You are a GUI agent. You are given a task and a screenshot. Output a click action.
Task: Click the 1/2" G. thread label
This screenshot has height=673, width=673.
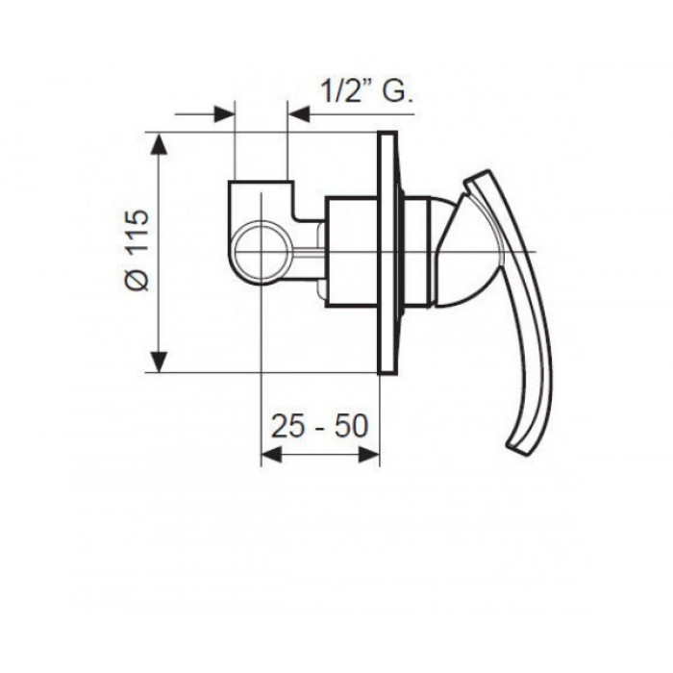pos(366,91)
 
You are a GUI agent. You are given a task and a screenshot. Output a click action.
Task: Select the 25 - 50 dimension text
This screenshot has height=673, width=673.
pos(320,426)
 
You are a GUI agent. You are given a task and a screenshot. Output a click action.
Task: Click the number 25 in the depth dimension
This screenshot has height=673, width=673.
pos(288,426)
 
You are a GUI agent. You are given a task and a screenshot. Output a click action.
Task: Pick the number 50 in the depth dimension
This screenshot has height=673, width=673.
pos(352,426)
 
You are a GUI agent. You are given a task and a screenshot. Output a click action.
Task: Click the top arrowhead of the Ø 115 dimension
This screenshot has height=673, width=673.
pos(160,143)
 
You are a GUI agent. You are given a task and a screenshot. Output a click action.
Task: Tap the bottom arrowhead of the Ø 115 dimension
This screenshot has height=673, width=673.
pos(160,361)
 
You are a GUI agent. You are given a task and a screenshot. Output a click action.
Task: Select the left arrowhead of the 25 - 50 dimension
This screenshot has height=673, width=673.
pos(271,455)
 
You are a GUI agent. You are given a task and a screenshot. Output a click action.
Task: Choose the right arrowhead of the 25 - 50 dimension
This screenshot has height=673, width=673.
pos(369,455)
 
